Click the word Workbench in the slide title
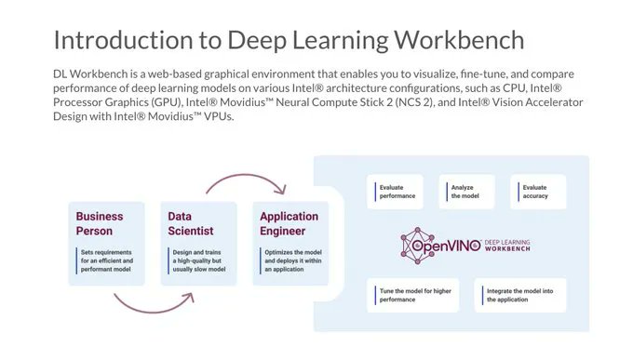tap(459, 40)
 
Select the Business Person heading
tap(100, 223)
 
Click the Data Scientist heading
tap(191, 223)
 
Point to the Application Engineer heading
tap(290, 223)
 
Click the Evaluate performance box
tap(395, 192)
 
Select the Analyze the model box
tap(466, 192)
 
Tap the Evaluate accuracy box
tap(538, 192)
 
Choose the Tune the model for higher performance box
tap(412, 295)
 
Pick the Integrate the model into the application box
tap(520, 295)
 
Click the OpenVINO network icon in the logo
tap(417, 246)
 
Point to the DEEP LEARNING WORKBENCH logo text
tap(507, 246)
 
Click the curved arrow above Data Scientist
tap(247, 176)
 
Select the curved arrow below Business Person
tap(154, 312)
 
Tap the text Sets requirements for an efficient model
tap(106, 260)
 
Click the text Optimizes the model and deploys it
tap(293, 260)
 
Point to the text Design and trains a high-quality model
tap(199, 260)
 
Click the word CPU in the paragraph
tap(514, 88)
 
